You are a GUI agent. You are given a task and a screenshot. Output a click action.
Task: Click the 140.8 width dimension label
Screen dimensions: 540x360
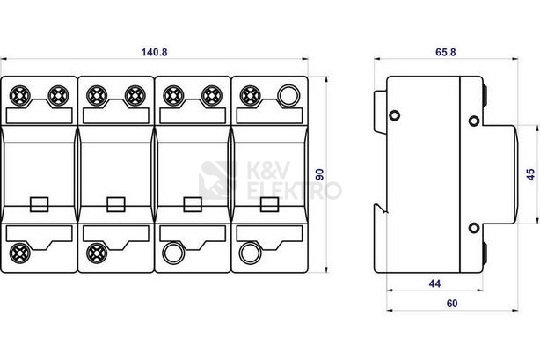[154, 52]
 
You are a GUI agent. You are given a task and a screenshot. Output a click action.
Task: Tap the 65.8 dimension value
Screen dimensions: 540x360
[445, 52]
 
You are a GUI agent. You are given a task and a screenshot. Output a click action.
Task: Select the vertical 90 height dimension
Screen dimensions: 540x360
[320, 174]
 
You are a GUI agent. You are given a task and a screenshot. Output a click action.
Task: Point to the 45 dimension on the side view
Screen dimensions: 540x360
[530, 174]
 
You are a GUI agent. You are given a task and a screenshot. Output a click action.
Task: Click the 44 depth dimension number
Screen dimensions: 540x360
[434, 283]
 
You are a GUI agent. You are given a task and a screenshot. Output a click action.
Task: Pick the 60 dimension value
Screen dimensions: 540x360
[452, 304]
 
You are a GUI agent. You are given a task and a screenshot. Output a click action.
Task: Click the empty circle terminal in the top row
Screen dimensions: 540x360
[288, 96]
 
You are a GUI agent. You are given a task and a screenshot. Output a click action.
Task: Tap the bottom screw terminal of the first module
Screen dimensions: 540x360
[20, 253]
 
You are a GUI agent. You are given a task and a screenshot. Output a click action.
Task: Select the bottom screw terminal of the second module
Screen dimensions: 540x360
[97, 253]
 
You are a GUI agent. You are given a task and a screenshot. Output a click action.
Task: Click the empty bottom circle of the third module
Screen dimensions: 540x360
[173, 253]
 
